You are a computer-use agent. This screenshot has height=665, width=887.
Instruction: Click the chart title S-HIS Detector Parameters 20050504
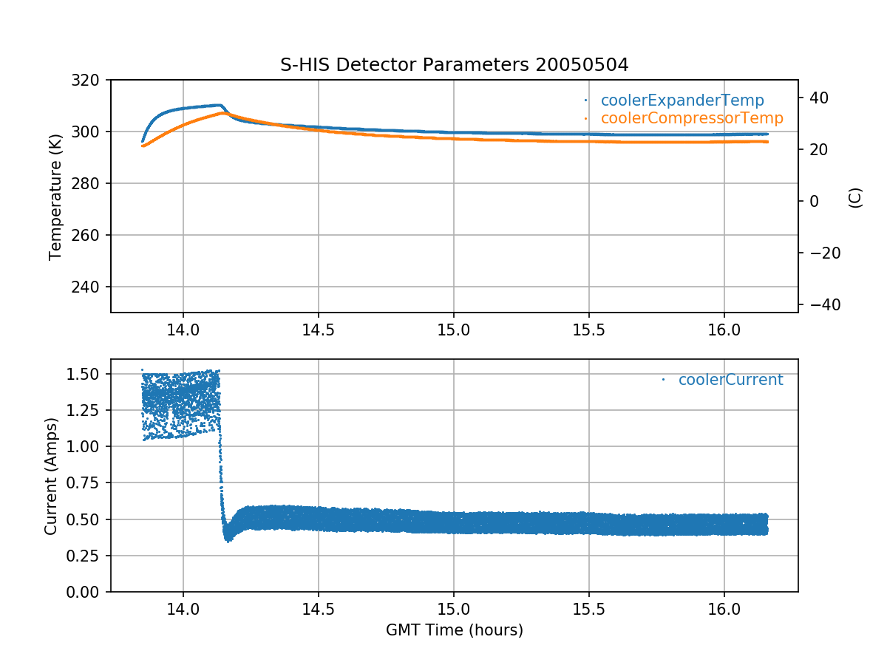click(x=454, y=65)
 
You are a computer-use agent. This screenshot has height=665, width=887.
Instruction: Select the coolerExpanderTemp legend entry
click(x=682, y=100)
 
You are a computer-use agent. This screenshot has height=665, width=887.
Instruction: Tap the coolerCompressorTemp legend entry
click(x=691, y=118)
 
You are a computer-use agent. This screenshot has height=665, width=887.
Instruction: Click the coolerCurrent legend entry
click(x=730, y=380)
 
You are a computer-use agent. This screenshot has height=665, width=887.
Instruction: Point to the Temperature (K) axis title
click(x=55, y=196)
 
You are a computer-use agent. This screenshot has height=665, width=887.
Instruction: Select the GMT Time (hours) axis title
click(x=454, y=630)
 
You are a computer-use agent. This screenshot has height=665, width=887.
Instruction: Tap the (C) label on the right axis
click(x=855, y=197)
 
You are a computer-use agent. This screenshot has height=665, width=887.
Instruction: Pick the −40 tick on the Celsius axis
click(x=820, y=305)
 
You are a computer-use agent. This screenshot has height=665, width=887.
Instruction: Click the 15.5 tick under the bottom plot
click(x=588, y=609)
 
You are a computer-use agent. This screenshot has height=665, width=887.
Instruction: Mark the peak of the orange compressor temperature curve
click(x=224, y=113)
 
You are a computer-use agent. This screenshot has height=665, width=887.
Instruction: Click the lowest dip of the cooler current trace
click(x=229, y=541)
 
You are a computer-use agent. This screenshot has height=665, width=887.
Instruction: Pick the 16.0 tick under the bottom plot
click(x=724, y=609)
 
